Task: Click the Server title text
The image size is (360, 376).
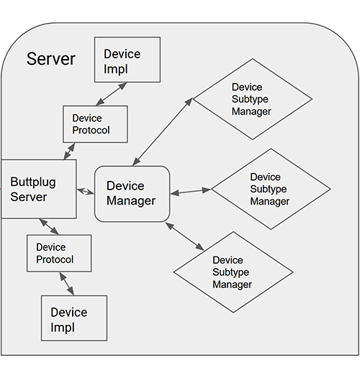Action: point(50,59)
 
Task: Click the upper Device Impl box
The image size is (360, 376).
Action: point(127,60)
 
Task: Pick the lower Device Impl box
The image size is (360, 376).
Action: point(74,318)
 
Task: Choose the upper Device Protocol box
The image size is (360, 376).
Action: point(95,124)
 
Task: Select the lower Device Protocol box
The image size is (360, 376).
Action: point(59,253)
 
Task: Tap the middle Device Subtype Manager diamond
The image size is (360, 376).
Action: point(271,189)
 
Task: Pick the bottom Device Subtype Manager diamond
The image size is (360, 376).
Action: point(233,272)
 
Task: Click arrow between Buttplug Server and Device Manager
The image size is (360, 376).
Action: point(86,191)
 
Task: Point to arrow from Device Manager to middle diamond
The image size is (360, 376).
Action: point(190,192)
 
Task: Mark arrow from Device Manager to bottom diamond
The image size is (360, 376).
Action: point(184,236)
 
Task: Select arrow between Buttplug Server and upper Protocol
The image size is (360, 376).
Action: point(70,151)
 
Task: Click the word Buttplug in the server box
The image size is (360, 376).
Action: point(32,182)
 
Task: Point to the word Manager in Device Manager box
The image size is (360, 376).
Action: point(131,201)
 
